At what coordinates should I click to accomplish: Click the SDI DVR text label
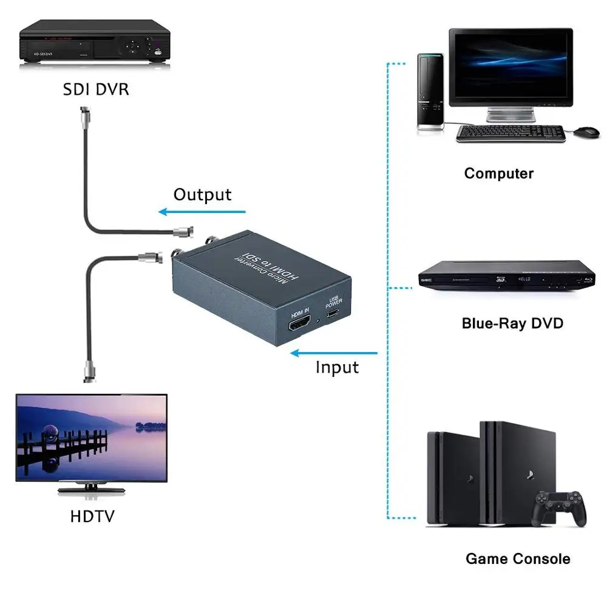point(96,89)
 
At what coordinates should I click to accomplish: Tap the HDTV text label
point(92,517)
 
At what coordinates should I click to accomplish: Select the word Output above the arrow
point(202,194)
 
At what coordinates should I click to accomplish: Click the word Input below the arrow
point(337,367)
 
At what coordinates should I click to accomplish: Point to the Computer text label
point(498,173)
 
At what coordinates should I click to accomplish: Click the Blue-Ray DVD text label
point(512,323)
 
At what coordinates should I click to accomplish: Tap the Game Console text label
point(518,558)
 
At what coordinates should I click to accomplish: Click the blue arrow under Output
point(202,212)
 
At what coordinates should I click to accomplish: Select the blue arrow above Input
point(334,352)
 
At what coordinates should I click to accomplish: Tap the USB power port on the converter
point(333,314)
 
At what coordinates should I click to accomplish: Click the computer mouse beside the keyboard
point(586,131)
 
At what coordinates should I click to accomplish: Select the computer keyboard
point(510,133)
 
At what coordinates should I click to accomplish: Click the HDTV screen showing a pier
point(92,438)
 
